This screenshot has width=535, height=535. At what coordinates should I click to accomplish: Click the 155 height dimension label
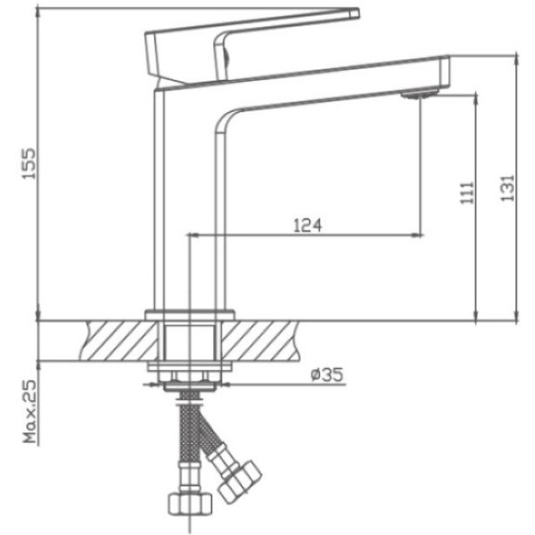(29, 163)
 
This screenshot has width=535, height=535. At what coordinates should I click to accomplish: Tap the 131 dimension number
(507, 188)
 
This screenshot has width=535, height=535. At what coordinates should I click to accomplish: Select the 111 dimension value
(467, 193)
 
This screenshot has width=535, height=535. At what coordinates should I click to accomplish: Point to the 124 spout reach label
(308, 226)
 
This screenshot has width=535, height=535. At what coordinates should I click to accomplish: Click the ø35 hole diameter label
(327, 374)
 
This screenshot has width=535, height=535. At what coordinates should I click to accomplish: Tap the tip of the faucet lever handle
(355, 13)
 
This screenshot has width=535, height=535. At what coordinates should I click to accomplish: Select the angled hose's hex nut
(240, 482)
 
